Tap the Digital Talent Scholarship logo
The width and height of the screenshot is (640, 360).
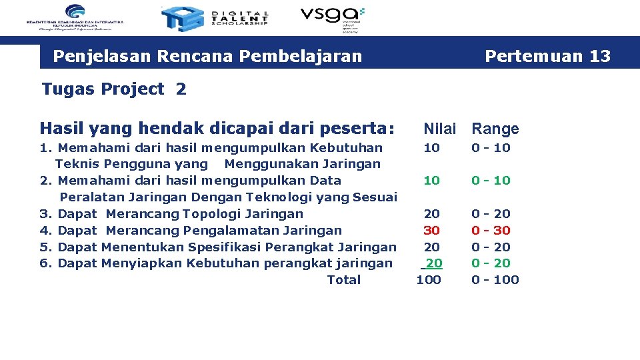(x=215, y=19)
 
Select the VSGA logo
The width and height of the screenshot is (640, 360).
(x=332, y=18)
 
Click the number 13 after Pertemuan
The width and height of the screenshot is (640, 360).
(x=600, y=56)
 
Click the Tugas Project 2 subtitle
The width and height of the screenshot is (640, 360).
(x=114, y=89)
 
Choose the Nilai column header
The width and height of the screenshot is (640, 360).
(x=440, y=129)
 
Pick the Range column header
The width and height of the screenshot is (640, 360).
(x=495, y=129)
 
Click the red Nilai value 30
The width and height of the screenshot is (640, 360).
(x=432, y=230)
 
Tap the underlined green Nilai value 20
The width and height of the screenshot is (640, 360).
(x=433, y=263)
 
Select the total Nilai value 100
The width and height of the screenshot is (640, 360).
(x=429, y=280)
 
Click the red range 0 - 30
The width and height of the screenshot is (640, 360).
(x=491, y=230)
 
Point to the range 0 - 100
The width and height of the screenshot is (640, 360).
(x=495, y=280)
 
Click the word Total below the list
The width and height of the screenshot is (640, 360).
(x=343, y=280)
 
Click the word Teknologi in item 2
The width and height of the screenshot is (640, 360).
(x=275, y=197)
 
